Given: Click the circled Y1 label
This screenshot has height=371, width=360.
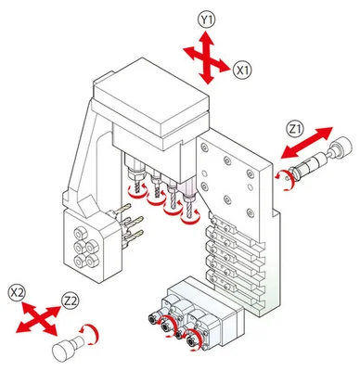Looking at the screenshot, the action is coord(207,20).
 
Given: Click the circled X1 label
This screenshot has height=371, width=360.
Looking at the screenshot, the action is coord(242,70).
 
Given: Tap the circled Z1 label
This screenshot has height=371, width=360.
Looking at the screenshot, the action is coord(295,129).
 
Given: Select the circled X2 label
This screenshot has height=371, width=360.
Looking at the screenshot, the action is coord(18,292).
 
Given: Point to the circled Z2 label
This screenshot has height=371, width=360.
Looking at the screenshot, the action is coord(71,301).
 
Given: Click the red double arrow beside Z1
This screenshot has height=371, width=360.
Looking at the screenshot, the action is coord(307,143).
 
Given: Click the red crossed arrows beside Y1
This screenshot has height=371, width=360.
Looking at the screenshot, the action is coord(207,58).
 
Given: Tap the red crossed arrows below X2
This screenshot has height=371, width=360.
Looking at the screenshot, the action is coord(38,319).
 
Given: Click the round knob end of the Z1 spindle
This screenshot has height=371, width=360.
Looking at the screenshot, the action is coord(341,147).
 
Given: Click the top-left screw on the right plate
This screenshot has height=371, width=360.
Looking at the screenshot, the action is coord(204,148).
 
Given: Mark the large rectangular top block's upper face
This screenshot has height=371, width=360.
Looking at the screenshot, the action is coord(150,96).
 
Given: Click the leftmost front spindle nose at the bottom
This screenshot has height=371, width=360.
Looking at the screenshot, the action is coord(152,318).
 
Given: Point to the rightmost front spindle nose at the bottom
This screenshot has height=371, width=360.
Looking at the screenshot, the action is coord(191,342).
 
